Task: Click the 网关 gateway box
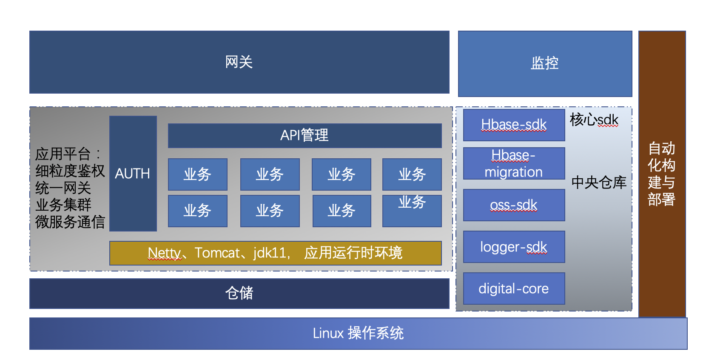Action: tap(239, 62)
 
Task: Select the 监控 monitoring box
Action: tap(545, 63)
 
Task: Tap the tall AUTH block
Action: tap(133, 174)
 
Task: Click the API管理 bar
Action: tap(305, 135)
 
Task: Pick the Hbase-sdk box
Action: tap(514, 125)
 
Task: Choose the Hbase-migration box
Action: tap(514, 163)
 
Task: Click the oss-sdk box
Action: tap(514, 205)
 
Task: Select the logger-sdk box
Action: tap(514, 247)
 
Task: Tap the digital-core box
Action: tap(514, 289)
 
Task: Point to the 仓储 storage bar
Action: tap(239, 293)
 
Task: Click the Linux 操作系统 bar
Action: tap(358, 333)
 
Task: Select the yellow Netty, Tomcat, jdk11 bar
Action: tap(275, 253)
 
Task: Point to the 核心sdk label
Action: tap(594, 120)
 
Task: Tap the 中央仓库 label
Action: tap(599, 182)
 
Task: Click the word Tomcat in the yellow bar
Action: tap(217, 253)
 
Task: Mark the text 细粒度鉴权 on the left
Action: tap(70, 171)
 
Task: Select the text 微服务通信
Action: tap(70, 222)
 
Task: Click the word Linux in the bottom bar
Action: tap(328, 333)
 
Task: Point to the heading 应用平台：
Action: tap(68, 154)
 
